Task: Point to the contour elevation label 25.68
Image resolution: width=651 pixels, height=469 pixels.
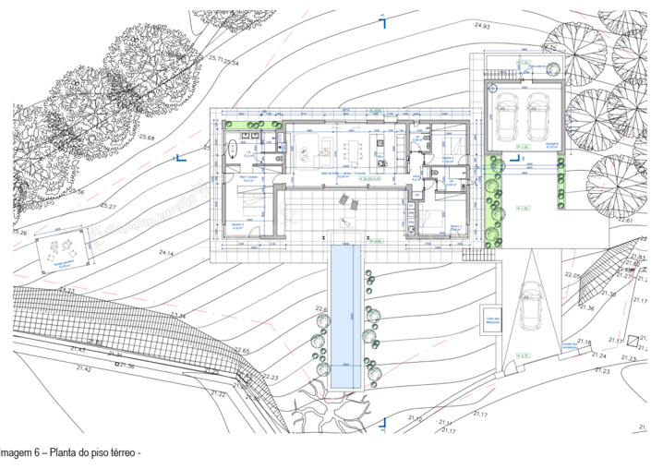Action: click(147, 138)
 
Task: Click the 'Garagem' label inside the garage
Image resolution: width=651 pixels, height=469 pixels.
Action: click(551, 143)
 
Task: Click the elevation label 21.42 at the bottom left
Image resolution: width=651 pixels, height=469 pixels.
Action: click(84, 368)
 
